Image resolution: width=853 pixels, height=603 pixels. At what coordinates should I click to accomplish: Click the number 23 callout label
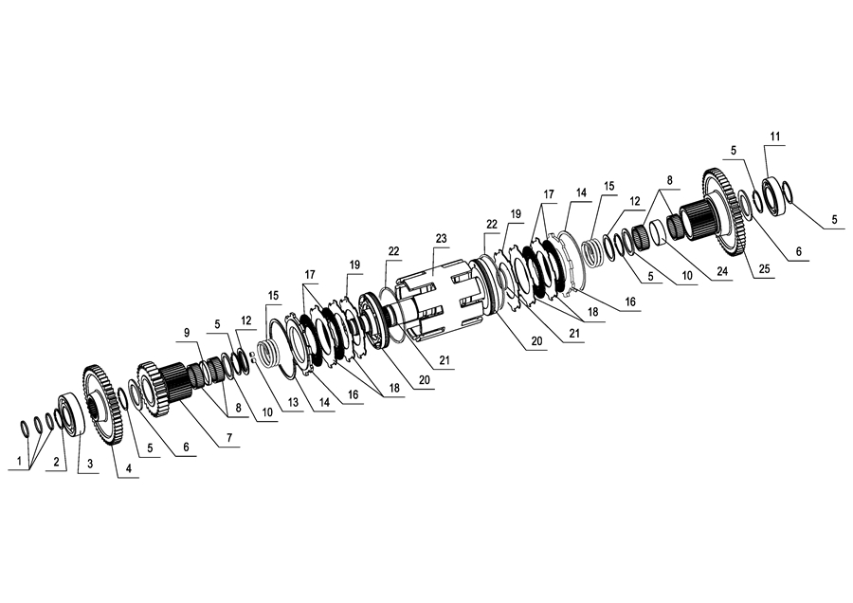[441, 238]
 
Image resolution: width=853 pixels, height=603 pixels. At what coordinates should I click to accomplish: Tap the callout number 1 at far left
[20, 461]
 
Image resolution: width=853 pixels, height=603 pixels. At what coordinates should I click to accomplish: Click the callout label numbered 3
[90, 464]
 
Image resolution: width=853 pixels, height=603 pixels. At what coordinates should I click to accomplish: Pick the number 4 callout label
[129, 468]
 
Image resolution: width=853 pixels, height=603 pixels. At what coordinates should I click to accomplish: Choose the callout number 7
[229, 437]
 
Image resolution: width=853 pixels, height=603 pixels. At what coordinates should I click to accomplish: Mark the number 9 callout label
[187, 333]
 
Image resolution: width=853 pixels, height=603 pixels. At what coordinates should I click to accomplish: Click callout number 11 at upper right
[775, 137]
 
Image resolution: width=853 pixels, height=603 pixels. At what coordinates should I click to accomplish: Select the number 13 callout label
[293, 402]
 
